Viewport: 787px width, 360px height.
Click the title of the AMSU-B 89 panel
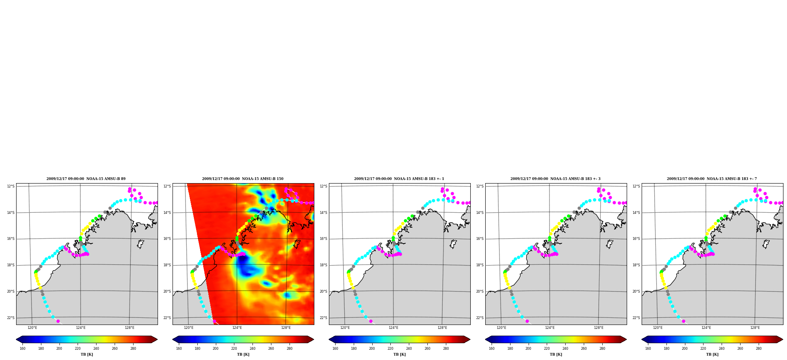point(86,179)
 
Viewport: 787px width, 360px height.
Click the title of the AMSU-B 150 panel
point(243,179)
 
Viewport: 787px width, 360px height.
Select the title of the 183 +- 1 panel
point(399,179)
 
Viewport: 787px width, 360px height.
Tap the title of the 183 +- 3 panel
point(555,179)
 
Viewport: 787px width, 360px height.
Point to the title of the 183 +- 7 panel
point(712,179)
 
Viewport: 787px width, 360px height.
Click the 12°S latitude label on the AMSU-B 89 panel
point(11,186)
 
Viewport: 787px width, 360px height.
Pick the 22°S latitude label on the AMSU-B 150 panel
point(167,318)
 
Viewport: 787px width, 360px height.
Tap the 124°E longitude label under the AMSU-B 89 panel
point(81,328)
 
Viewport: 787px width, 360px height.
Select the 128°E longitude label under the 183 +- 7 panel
point(755,328)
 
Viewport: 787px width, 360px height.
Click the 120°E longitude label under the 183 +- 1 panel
point(345,328)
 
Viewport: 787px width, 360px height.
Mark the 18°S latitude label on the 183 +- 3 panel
point(480,265)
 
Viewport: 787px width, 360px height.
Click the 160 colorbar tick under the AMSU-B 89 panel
point(22,348)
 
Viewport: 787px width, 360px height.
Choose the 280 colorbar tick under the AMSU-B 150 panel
point(290,348)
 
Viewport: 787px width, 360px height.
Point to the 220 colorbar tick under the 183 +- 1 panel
point(390,348)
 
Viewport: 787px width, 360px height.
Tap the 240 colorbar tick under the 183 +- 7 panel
point(722,348)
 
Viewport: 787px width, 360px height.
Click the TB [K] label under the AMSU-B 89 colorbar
point(87,354)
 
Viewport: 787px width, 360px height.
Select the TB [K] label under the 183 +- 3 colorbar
point(556,354)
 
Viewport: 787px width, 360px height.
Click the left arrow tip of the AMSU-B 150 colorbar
point(173,340)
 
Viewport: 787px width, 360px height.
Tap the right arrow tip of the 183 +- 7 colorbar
point(783,340)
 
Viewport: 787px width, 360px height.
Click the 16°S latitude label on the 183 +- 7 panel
point(636,239)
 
